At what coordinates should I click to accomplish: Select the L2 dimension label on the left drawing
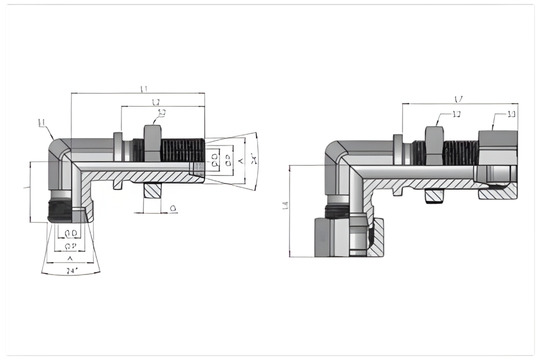(157, 104)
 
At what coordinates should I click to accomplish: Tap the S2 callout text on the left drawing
(162, 112)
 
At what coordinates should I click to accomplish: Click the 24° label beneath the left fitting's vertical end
(71, 271)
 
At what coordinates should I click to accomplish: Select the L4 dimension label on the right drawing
(285, 205)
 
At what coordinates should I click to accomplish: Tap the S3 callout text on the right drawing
(511, 115)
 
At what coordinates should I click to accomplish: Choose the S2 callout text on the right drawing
(457, 116)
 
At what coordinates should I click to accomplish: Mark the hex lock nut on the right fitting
(436, 141)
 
